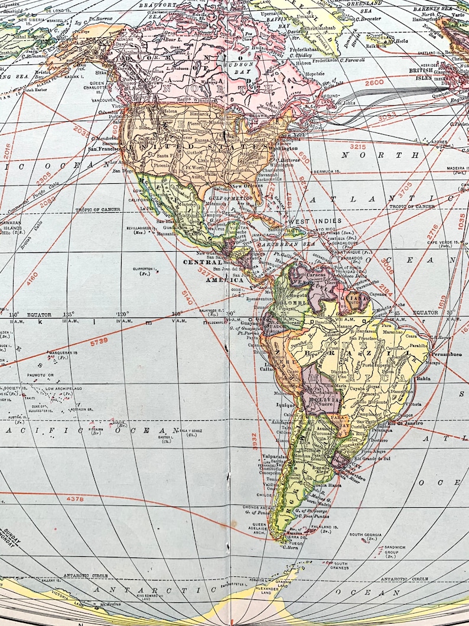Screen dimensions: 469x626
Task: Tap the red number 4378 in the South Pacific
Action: pyautogui.click(x=75, y=499)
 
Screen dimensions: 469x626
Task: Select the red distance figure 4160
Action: pyautogui.click(x=32, y=278)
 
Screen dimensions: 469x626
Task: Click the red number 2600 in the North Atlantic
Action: pyautogui.click(x=374, y=83)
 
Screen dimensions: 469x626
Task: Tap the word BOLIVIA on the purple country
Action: pyautogui.click(x=322, y=404)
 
